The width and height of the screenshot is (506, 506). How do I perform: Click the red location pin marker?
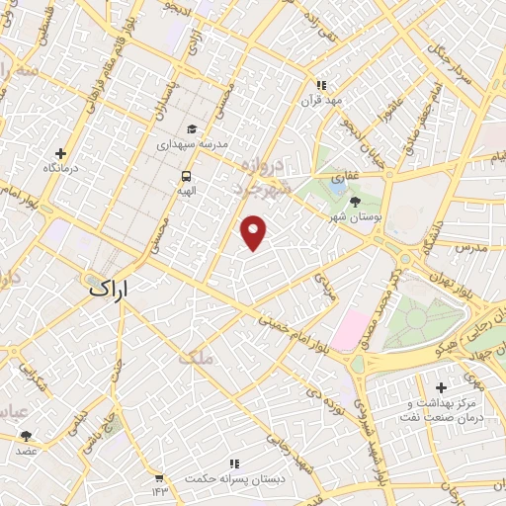click(x=255, y=231)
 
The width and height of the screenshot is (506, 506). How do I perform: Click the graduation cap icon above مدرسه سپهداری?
click(x=191, y=128)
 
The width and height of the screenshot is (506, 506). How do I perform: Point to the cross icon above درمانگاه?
click(x=61, y=153)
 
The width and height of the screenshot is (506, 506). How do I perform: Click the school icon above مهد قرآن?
click(x=319, y=85)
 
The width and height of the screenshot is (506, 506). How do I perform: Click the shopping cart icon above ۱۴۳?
click(x=158, y=477)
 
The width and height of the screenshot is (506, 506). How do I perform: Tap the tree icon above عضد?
click(x=26, y=436)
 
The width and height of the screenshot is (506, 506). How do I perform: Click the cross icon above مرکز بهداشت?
click(x=441, y=386)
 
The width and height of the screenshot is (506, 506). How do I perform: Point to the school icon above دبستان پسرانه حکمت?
click(x=234, y=464)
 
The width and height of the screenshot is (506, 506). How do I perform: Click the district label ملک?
click(x=195, y=357)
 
